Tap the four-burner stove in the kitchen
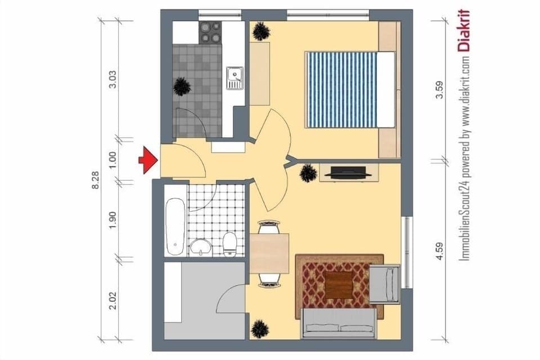210,32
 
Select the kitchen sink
234,78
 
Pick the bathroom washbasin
200,246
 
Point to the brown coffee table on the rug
339,285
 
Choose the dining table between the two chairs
269,253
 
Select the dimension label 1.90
112,220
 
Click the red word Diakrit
464,31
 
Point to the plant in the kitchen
182,86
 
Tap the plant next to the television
308,173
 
